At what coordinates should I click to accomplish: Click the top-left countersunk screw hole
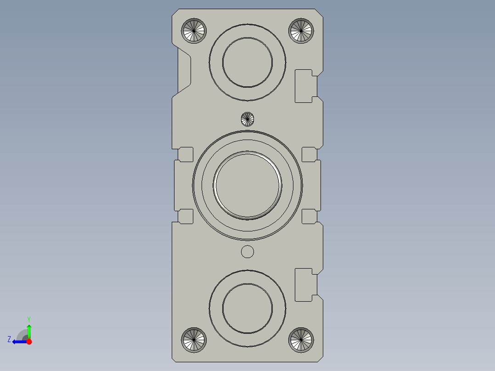[194, 31]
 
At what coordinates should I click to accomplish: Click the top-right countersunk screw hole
[301, 31]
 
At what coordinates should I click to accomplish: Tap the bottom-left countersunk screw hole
[194, 340]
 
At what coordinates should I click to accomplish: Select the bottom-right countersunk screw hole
[301, 340]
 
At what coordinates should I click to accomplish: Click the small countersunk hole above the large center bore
[247, 119]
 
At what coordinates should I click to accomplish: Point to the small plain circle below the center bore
[247, 252]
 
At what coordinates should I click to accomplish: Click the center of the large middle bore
[247, 185]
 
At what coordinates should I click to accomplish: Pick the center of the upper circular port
[247, 62]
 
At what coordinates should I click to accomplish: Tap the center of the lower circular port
[247, 309]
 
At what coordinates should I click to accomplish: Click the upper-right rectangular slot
[306, 86]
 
